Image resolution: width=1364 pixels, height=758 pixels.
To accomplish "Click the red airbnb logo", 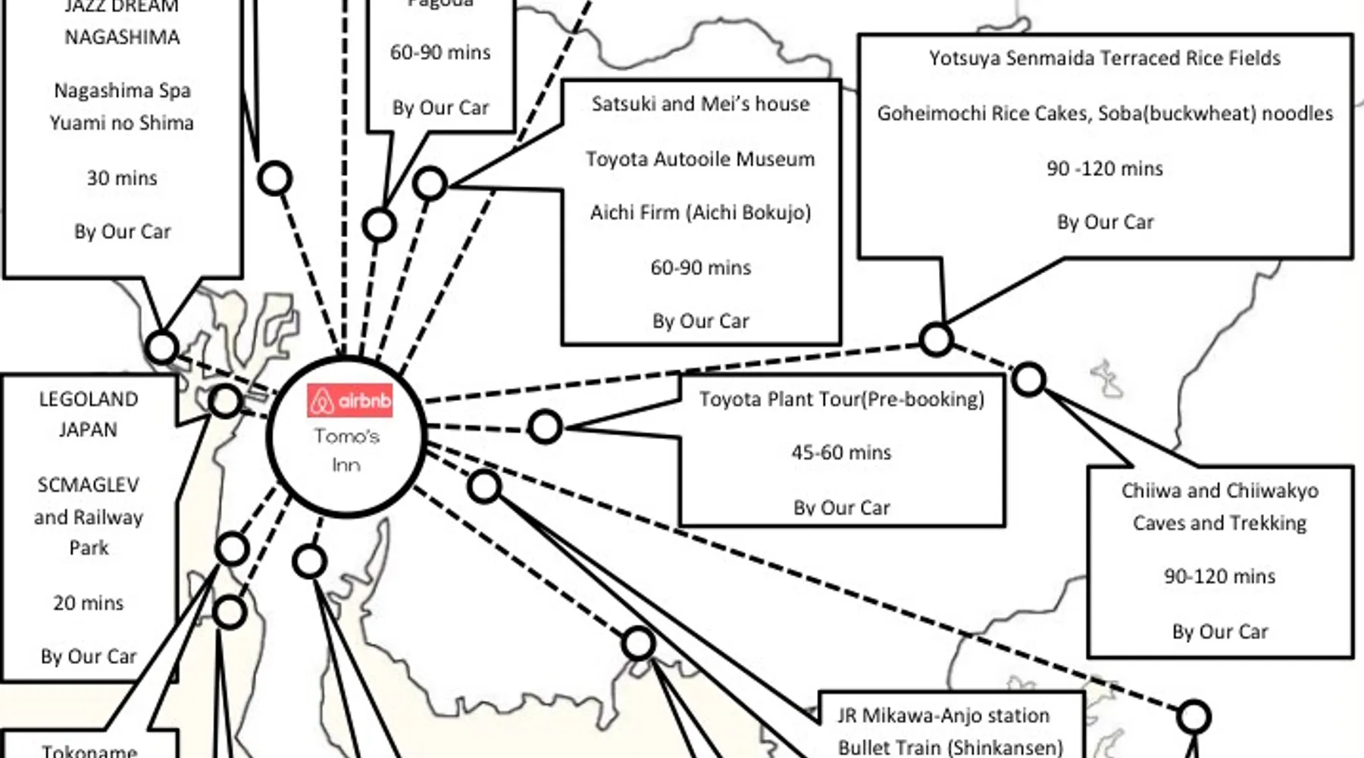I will (x=349, y=399).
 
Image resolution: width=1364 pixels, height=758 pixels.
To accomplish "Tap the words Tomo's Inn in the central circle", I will (x=346, y=449).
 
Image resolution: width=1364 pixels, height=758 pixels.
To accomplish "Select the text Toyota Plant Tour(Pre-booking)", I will (x=841, y=399).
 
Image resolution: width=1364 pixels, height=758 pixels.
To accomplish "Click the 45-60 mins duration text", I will (x=841, y=453).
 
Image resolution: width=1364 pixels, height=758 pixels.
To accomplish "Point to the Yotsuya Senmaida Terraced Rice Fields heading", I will (x=1104, y=58).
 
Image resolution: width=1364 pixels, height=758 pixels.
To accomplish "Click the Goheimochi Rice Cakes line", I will (x=1104, y=113).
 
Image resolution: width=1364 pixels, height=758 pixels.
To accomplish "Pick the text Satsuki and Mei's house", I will (x=700, y=104).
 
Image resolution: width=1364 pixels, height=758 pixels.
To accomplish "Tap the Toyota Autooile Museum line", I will (x=700, y=159).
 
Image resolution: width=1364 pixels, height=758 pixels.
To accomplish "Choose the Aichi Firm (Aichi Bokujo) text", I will (x=700, y=212).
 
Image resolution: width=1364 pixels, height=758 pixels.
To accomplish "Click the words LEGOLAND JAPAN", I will (x=89, y=414).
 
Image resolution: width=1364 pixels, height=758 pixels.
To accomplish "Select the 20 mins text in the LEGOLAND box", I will (x=88, y=603).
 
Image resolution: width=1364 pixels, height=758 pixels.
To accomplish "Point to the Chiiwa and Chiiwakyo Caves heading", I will (x=1219, y=506).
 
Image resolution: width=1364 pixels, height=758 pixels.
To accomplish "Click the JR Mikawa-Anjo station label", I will (x=943, y=716).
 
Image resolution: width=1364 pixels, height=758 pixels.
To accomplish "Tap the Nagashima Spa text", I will (x=122, y=91).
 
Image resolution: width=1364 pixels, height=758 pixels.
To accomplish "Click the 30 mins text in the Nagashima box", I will (x=122, y=178).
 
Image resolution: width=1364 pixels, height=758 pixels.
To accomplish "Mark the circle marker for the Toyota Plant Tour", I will (x=545, y=428).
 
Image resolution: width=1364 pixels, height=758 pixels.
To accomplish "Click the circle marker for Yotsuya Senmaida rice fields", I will (x=936, y=339).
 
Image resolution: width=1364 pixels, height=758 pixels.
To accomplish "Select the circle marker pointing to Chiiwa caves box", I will (x=1028, y=379).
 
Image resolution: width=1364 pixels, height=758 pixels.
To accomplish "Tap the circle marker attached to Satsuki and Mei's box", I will (x=430, y=183).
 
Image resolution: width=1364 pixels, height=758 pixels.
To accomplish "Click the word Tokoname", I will (x=89, y=750).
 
